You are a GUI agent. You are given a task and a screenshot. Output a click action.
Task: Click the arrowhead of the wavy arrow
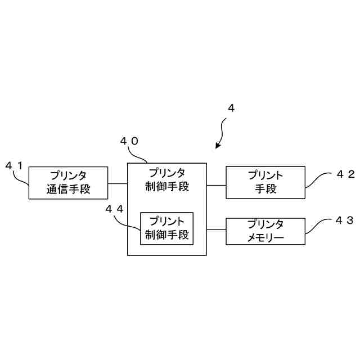coord(218,147)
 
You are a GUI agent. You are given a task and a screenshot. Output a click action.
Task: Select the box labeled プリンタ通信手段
coord(69,182)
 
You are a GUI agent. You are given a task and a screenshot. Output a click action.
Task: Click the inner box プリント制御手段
coord(166,228)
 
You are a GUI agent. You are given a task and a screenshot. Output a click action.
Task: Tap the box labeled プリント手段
coord(265,182)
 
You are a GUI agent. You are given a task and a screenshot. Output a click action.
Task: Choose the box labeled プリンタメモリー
coord(265,231)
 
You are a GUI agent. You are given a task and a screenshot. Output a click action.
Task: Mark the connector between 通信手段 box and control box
coord(118,183)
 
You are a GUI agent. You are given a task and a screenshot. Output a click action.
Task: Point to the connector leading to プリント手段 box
coord(216,183)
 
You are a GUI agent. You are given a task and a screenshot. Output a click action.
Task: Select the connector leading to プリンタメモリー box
coord(216,229)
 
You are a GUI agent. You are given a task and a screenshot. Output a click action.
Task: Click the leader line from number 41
coord(23,178)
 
